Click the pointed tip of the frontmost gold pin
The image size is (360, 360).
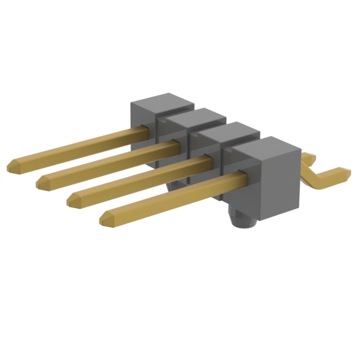(x=103, y=220)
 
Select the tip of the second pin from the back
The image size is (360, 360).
(x=39, y=182)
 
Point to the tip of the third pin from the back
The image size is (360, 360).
(x=70, y=200)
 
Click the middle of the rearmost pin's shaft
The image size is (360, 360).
(x=79, y=146)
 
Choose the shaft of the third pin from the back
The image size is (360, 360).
(x=141, y=180)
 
